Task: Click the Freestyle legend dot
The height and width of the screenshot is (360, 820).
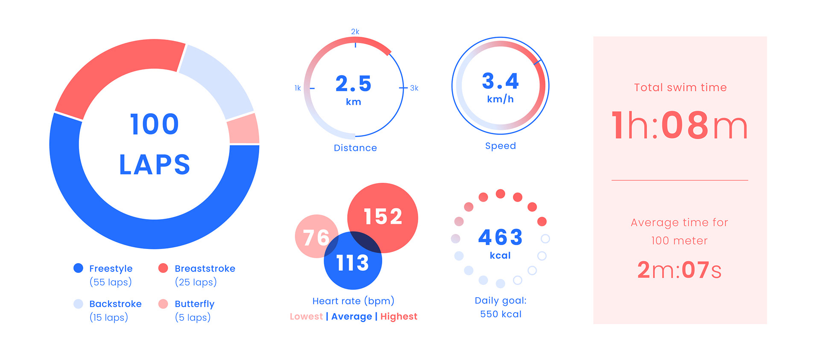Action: coord(78,268)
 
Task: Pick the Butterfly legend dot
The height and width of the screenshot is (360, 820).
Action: coord(163,304)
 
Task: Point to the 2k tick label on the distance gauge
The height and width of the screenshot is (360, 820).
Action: coord(355,32)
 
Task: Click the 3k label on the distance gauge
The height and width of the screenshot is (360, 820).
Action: coord(414,88)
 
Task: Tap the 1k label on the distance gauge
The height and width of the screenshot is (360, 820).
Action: coord(298,88)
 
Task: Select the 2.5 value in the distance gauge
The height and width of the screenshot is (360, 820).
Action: coord(353,84)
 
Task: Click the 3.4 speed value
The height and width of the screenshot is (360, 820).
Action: coord(500,81)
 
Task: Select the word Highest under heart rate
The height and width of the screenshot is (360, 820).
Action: coord(398,316)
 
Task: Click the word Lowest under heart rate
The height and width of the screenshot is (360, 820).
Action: coord(306,316)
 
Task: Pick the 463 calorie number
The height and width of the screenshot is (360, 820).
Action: coord(500,237)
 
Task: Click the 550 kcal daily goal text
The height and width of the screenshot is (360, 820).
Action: coord(501,314)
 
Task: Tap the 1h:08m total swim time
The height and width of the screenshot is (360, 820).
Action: coord(679,126)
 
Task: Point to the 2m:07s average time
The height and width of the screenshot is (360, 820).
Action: coord(679,270)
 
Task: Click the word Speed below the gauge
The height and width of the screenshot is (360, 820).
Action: coord(500,146)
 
